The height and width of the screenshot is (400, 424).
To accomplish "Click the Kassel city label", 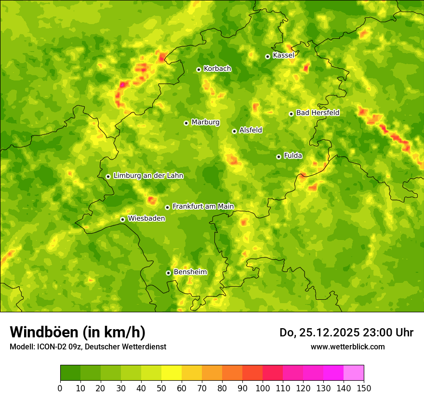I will click(283, 55).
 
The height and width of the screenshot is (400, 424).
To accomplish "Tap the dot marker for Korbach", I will click(199, 69).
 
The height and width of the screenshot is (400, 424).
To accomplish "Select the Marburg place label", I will click(205, 122).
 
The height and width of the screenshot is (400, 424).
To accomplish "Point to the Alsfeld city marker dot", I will click(235, 131).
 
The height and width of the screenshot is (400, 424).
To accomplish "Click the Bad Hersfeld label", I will click(318, 113).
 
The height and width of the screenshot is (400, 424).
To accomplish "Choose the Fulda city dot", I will click(278, 157).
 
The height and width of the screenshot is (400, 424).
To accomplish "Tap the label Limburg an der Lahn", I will click(148, 176).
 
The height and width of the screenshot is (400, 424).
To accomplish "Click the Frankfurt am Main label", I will click(203, 206).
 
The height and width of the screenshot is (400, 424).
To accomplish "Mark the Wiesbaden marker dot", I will click(123, 219).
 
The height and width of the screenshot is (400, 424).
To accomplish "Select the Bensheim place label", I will click(190, 272).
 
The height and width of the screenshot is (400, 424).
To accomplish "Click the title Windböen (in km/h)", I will click(78, 332).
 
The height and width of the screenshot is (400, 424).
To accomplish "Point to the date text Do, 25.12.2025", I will click(319, 333).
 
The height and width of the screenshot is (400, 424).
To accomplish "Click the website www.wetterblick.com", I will click(347, 347).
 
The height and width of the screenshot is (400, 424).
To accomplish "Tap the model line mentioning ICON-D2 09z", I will click(88, 347).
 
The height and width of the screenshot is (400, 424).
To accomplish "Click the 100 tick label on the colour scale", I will click(263, 388).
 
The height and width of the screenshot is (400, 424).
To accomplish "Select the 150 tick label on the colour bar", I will click(364, 388).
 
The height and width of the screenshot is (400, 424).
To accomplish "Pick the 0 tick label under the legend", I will click(60, 388).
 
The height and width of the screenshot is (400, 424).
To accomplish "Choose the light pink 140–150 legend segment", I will click(354, 373).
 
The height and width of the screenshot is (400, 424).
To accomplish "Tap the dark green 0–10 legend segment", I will click(70, 373).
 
